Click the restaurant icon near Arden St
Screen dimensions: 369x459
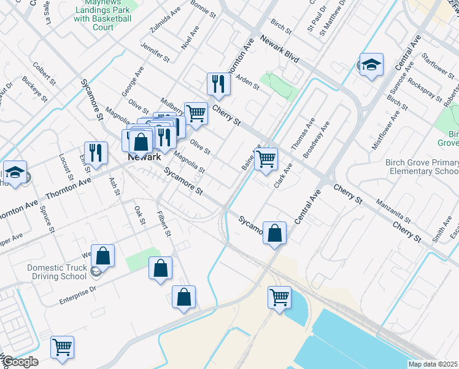[218, 84]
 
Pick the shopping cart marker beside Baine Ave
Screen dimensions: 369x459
[266, 158]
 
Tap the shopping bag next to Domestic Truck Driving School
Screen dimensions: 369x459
[103, 255]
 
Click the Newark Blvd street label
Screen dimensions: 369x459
[279, 49]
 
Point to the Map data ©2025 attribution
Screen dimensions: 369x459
[433, 364]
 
